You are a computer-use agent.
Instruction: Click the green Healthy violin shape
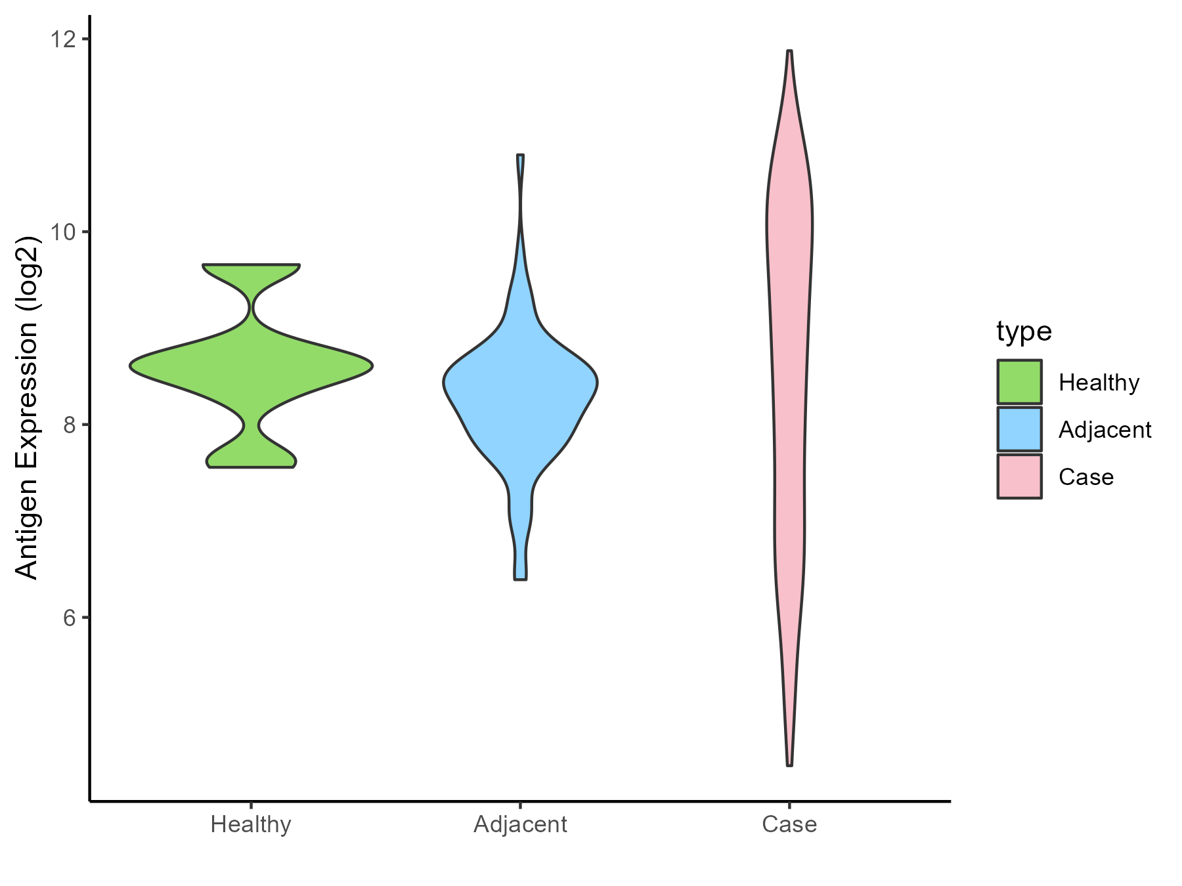(252, 366)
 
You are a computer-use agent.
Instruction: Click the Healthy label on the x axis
(251, 824)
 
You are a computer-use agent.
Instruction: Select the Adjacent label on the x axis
(520, 824)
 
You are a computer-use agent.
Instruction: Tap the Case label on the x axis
(789, 824)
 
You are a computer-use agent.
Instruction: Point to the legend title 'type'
(1024, 331)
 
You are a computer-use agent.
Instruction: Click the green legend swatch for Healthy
(1019, 381)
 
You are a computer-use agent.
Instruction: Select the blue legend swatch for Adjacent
(1019, 429)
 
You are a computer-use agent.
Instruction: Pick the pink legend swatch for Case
(1019, 476)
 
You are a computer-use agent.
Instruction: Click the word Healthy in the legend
(1099, 382)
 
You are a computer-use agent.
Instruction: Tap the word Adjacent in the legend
(1105, 430)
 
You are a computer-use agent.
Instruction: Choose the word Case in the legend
(1086, 477)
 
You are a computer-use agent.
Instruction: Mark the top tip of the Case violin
(789, 51)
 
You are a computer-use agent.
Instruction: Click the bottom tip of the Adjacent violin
(520, 579)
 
